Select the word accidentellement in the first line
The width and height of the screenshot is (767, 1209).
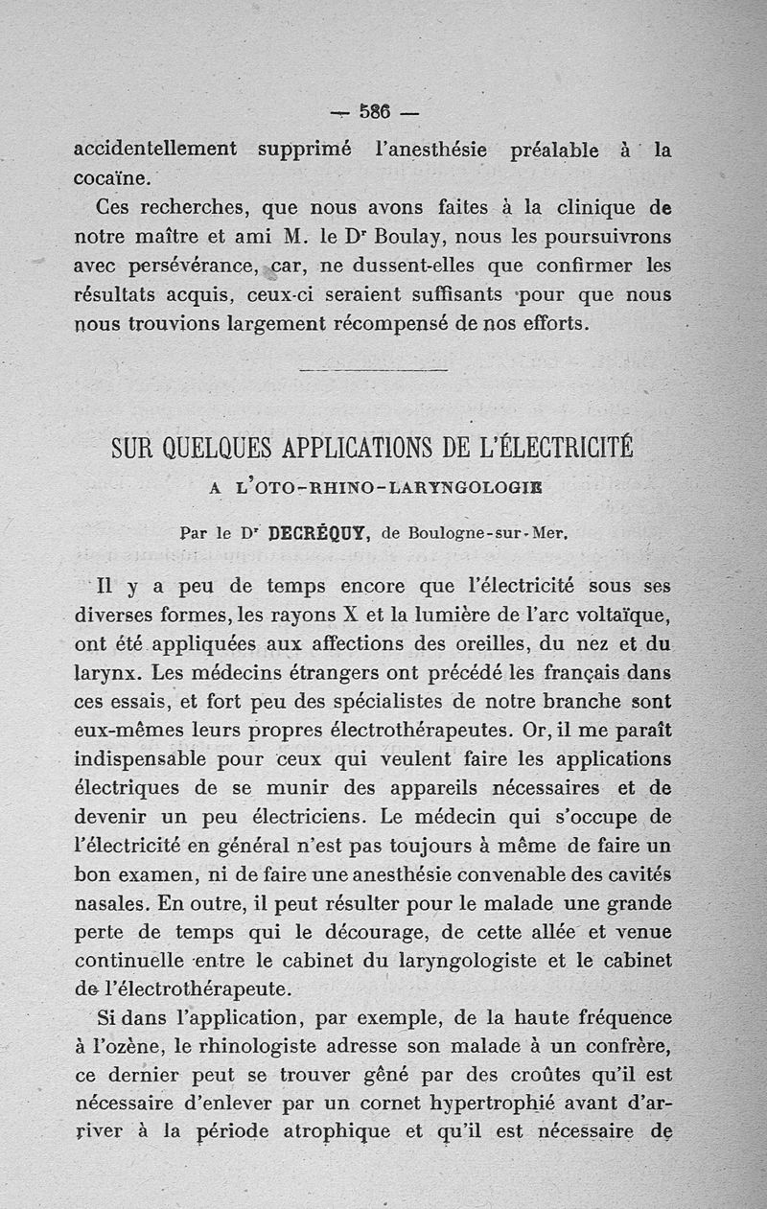(x=155, y=149)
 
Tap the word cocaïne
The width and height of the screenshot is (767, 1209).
(x=111, y=178)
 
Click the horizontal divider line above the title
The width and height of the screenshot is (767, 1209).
(x=374, y=369)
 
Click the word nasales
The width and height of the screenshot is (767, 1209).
(x=111, y=904)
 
